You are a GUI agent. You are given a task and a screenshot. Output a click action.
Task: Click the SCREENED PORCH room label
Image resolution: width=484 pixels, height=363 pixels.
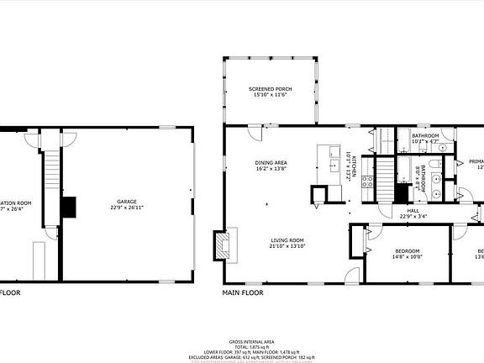click(x=269, y=89)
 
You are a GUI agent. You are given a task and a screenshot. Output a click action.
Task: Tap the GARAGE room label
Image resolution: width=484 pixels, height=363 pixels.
click(x=126, y=203)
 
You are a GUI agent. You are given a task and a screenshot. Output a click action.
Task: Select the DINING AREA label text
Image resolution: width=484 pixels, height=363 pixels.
click(x=272, y=162)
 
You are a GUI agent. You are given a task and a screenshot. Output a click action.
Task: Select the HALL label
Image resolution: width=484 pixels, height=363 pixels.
click(x=413, y=211)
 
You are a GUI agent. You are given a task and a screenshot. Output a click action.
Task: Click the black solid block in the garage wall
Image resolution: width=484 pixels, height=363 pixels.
click(x=69, y=206)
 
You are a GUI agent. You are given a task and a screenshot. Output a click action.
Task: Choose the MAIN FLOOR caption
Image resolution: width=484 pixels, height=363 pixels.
click(x=243, y=293)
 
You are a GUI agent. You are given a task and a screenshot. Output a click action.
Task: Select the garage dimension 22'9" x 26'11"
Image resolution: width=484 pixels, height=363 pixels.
click(x=126, y=209)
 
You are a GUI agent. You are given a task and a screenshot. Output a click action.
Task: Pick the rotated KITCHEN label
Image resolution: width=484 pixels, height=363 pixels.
click(x=354, y=168)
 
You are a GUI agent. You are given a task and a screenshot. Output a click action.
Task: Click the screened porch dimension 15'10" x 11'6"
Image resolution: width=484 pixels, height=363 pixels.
click(x=269, y=96)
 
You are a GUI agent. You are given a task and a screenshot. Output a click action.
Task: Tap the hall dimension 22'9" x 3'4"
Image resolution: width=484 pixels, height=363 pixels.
click(x=413, y=217)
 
